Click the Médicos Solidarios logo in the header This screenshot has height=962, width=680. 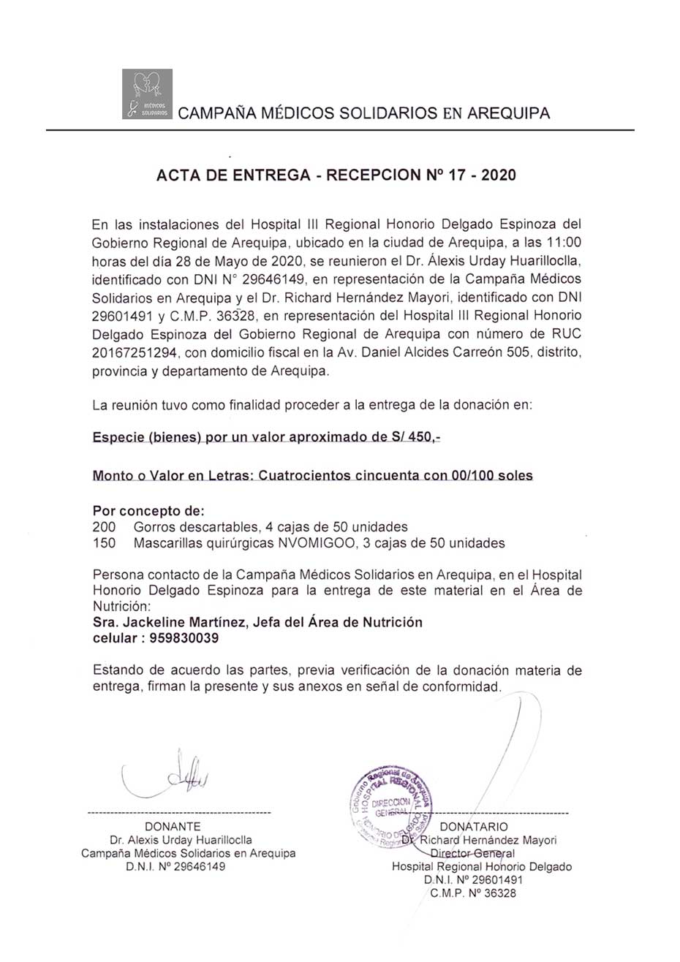(x=147, y=94)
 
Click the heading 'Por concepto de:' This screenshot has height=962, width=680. (x=148, y=510)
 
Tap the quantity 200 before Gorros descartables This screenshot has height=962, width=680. (x=104, y=526)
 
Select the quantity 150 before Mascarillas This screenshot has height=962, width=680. (x=104, y=543)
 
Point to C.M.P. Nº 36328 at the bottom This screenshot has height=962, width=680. (x=473, y=893)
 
